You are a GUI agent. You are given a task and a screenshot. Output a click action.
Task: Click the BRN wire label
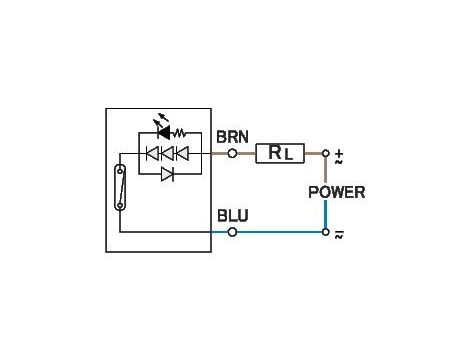click(232, 136)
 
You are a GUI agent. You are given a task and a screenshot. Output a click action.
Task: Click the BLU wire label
click(231, 214)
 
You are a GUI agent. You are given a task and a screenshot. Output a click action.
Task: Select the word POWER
click(336, 192)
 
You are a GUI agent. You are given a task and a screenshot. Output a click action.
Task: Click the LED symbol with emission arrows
click(162, 131)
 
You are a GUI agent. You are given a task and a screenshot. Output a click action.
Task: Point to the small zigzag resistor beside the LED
click(180, 131)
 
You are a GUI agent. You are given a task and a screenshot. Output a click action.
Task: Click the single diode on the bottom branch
click(168, 174)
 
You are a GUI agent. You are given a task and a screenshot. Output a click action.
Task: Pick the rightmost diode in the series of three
click(182, 153)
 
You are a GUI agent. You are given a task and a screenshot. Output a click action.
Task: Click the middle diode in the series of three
click(168, 153)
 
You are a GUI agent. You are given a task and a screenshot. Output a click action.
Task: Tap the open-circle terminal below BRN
click(232, 153)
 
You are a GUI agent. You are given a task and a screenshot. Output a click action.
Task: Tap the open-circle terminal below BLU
click(232, 232)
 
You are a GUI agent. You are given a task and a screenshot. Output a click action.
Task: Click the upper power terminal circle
click(325, 153)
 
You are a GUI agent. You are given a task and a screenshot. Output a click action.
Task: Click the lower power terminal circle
click(325, 232)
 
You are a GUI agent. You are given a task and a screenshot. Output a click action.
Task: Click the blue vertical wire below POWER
click(325, 214)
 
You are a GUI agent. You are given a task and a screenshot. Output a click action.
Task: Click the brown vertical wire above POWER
click(325, 170)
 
